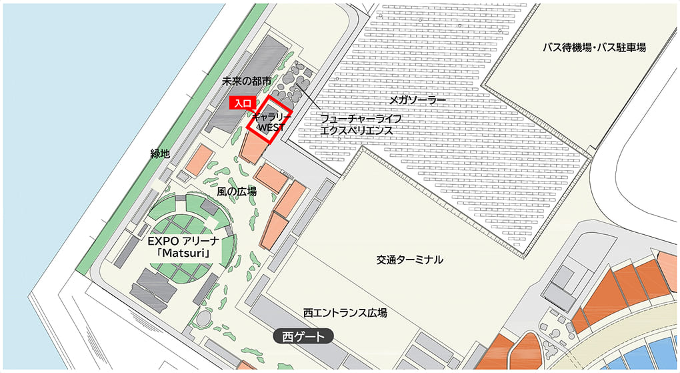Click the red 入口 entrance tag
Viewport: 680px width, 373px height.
pos(241,103)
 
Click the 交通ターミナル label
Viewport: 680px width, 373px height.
pos(409,260)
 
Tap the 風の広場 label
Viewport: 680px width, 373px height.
pos(237,191)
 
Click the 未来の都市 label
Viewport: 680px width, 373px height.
pos(247,81)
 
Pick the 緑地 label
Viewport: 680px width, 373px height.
pos(160,153)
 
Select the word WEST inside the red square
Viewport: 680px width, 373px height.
pos(271,126)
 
